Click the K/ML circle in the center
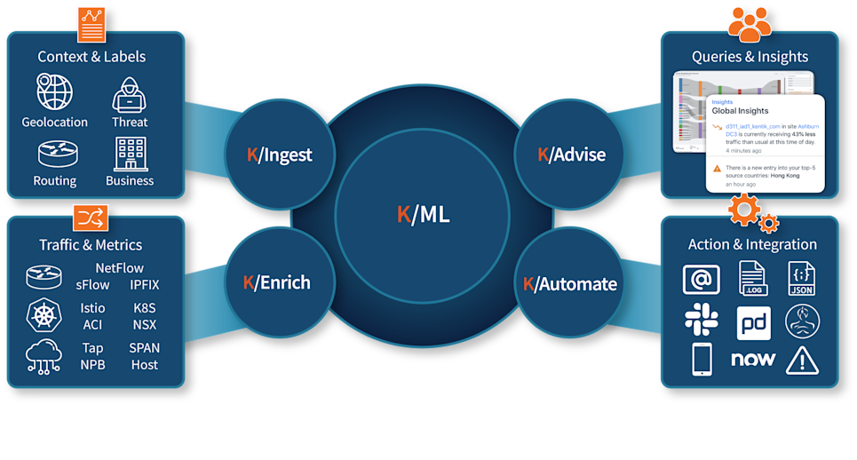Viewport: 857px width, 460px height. point(423,214)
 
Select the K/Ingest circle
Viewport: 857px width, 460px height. point(279,155)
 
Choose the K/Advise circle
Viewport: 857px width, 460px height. point(571,155)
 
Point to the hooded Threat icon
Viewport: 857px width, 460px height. point(130,94)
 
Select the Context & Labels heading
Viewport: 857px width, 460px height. point(91,57)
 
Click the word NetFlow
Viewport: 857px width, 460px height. point(119,267)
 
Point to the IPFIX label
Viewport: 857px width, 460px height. point(144,284)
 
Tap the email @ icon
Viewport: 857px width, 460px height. point(701,280)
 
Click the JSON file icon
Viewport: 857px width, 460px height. point(802,279)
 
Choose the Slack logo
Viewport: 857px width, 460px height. point(702,321)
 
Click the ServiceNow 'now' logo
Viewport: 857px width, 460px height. point(753,360)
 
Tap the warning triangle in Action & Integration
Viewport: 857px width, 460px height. point(802,360)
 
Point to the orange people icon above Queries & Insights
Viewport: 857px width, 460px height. point(750,24)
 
